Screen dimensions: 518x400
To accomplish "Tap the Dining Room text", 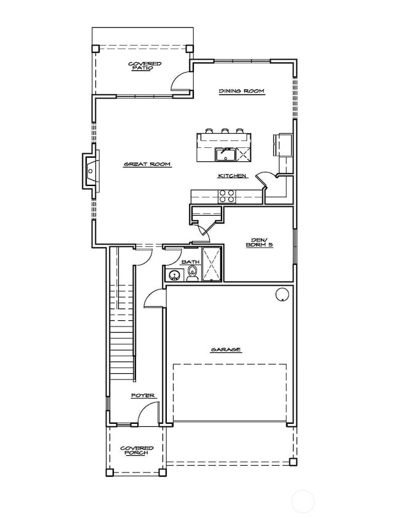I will point(242,91).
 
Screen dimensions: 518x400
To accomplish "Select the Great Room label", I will point(147,164).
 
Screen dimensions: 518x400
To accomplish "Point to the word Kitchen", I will point(232,176).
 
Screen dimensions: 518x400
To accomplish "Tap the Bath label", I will point(190,262).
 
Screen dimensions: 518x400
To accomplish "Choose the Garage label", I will point(226,349).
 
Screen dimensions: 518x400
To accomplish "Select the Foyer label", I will point(143,395).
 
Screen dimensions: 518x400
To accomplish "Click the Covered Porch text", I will point(136,451).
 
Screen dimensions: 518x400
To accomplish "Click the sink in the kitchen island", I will point(225,154).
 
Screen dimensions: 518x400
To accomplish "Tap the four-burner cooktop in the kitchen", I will point(226,196).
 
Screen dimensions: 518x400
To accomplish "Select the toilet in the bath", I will point(192,275).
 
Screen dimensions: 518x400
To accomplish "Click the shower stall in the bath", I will point(212,264).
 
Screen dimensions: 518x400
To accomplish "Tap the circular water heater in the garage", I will point(281,295).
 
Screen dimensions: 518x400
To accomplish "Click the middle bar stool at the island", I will point(225,130).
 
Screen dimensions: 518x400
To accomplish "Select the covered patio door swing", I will point(181,81).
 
